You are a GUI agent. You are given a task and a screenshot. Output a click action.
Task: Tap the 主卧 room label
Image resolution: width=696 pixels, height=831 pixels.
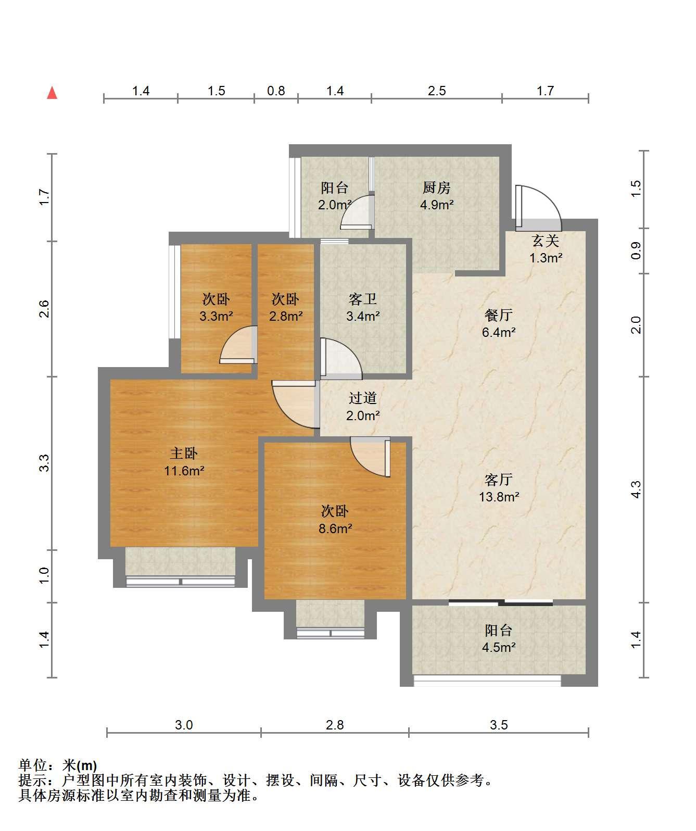[183, 454]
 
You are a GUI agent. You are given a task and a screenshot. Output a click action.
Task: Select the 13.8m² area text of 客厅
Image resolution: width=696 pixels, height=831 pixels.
[499, 497]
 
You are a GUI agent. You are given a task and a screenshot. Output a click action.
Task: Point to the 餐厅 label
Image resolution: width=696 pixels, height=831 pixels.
[499, 315]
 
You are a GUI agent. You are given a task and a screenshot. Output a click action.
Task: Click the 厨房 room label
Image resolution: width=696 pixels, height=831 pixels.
[437, 187]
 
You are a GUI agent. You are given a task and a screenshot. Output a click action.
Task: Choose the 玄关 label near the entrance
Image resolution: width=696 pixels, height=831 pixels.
[546, 241]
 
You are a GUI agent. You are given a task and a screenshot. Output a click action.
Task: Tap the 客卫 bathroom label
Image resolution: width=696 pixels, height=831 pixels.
[362, 299]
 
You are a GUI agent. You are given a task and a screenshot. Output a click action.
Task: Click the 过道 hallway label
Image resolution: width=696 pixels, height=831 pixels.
[362, 398]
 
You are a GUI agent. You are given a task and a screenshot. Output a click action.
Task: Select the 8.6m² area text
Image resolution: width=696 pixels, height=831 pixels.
[335, 528]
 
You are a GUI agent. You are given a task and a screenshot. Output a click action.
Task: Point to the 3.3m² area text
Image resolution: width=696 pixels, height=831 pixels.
[216, 316]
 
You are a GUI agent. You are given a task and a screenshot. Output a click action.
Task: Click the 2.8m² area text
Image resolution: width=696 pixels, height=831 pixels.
[286, 316]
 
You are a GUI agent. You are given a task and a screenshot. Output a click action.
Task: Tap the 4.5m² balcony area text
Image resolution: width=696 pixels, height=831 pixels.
[499, 647]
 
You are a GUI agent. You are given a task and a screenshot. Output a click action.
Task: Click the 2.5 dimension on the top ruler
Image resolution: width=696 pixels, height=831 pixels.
[437, 91]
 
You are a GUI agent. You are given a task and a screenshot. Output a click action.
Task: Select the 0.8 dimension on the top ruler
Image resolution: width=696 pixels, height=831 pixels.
[276, 91]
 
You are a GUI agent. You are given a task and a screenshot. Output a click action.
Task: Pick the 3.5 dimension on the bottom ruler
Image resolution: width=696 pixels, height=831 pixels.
[499, 725]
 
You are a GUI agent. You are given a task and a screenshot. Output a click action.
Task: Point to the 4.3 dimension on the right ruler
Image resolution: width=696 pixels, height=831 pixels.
[636, 489]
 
